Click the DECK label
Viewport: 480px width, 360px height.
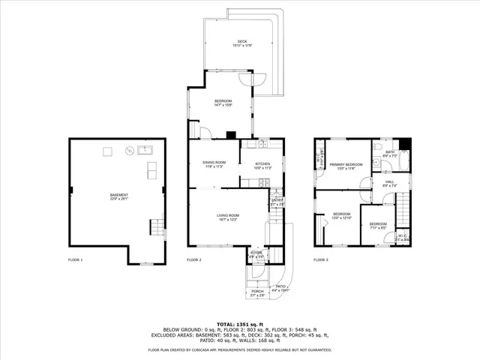coord(241,42)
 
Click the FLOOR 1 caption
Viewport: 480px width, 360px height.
coord(76,259)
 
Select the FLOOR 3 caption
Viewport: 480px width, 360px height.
coord(321,259)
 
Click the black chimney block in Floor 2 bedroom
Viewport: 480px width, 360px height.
coord(232,136)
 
